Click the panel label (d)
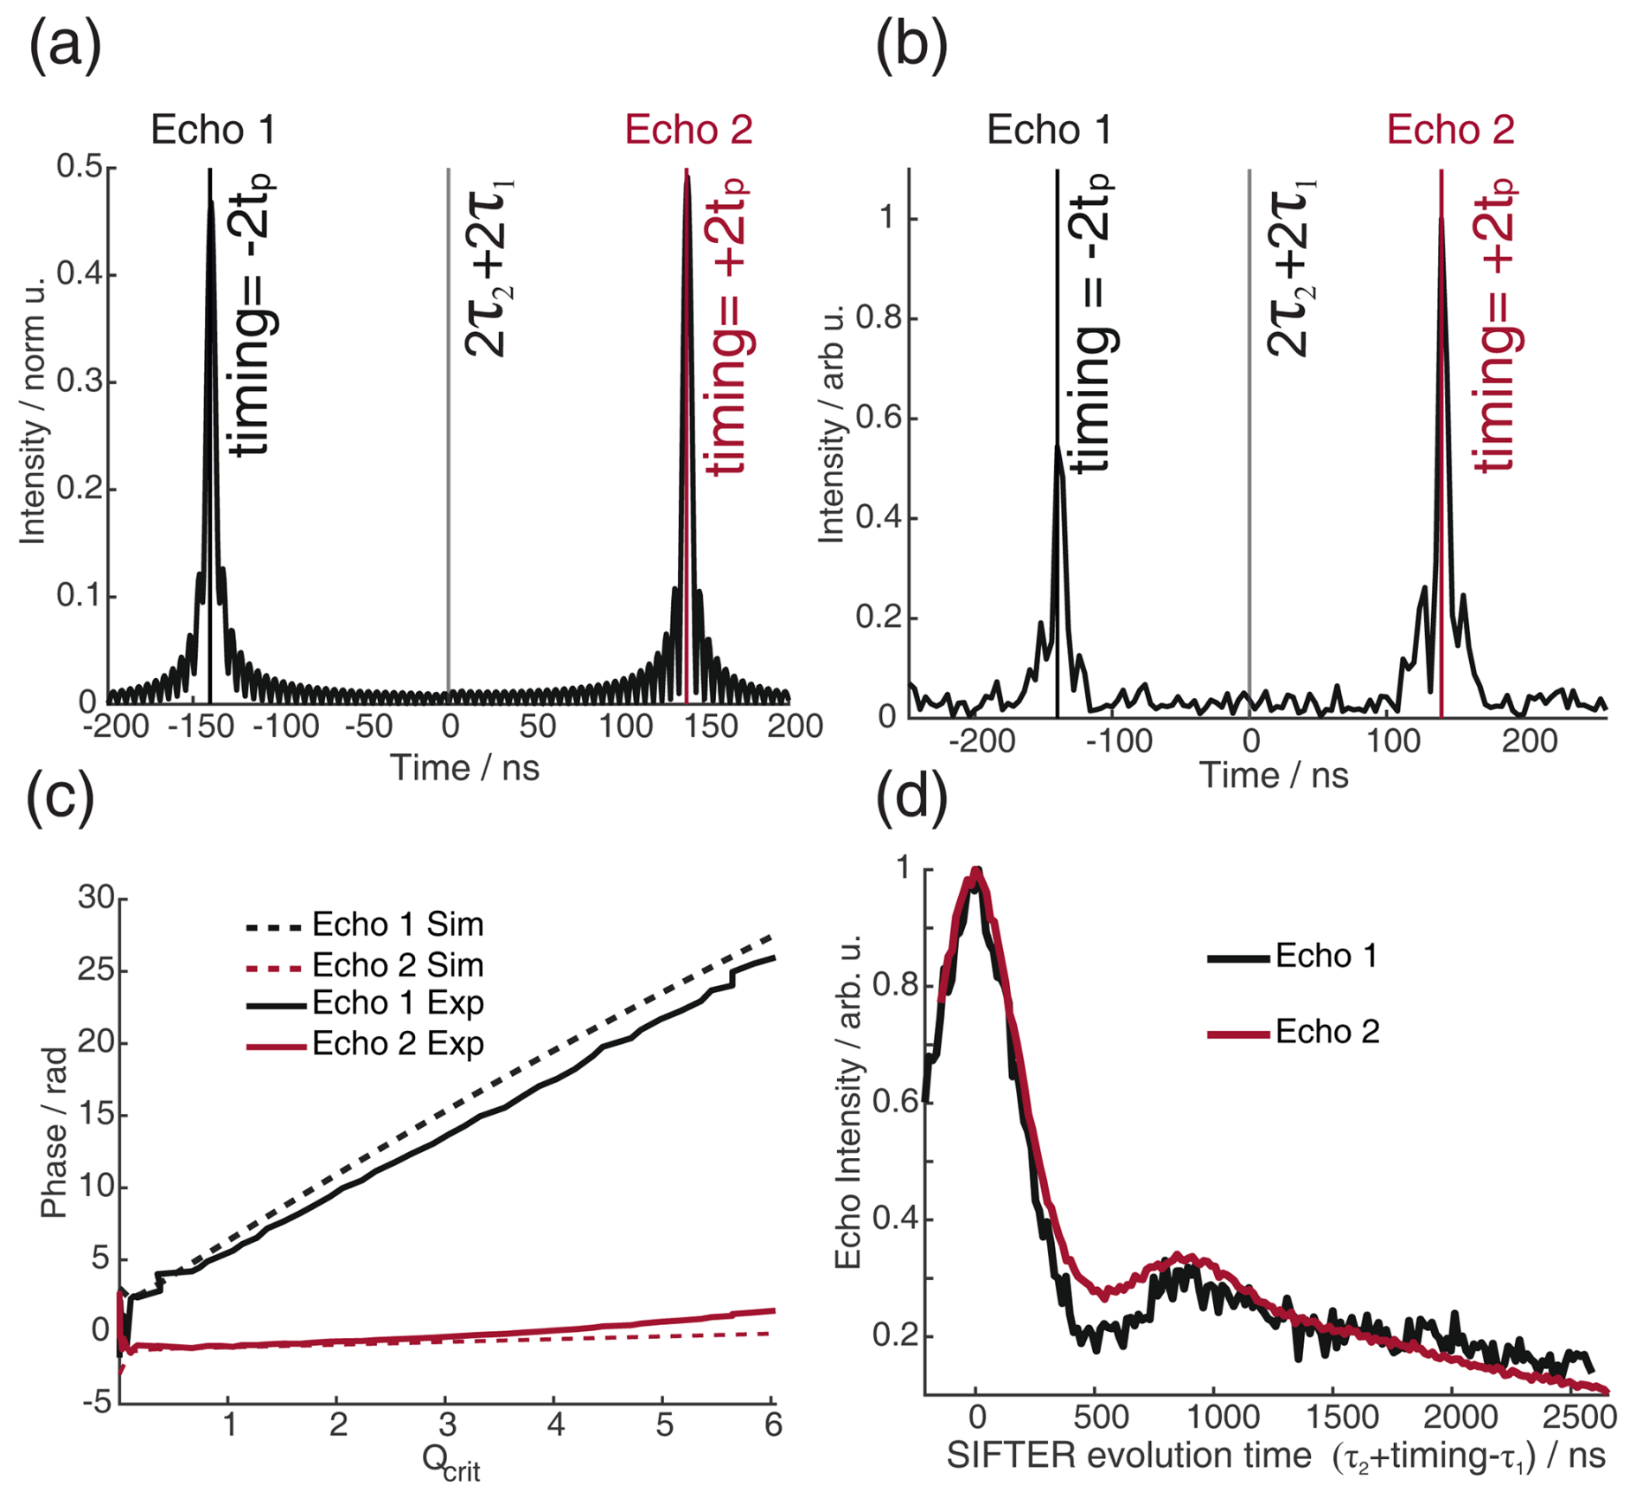tap(912, 797)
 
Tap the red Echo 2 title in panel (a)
tap(688, 130)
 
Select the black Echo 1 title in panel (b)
tap(1048, 130)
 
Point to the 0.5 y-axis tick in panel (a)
tap(79, 166)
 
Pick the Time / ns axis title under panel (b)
tap(1273, 775)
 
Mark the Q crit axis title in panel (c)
tap(451, 1463)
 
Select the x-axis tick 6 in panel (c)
tap(773, 1424)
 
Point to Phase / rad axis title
tap(54, 1133)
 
